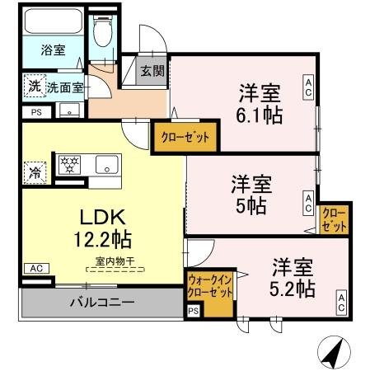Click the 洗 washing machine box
[34, 85]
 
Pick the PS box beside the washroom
[35, 112]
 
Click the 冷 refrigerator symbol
[35, 171]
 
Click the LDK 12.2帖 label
[102, 230]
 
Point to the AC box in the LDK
[35, 268]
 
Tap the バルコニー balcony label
[101, 303]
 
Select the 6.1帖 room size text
[261, 115]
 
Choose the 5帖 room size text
[251, 205]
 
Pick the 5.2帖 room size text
[293, 289]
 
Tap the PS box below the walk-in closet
[193, 311]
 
